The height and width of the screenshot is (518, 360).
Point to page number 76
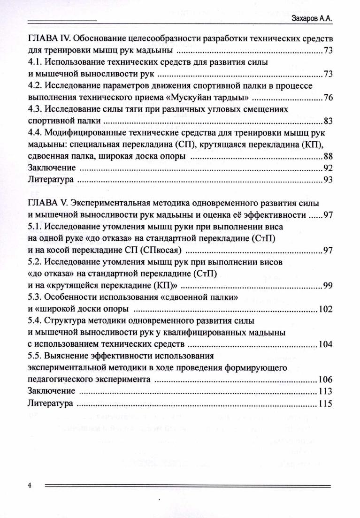[328, 98]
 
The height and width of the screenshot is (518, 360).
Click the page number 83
[328, 121]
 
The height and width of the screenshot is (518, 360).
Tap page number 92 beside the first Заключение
[328, 168]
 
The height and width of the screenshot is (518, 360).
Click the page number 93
[328, 179]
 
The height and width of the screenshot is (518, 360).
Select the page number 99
[328, 286]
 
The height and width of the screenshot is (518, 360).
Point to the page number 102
[326, 309]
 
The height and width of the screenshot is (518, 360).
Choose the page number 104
[326, 344]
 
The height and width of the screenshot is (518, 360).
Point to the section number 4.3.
[35, 109]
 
